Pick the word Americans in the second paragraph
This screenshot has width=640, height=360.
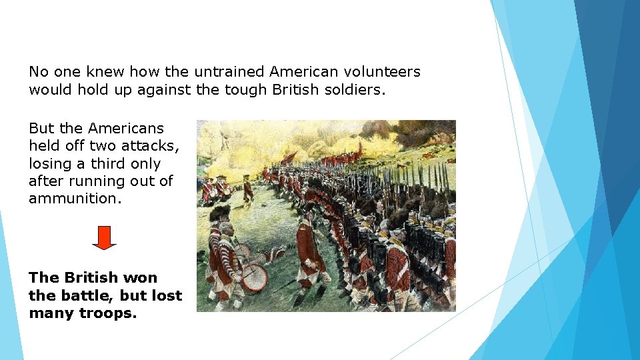coord(126,128)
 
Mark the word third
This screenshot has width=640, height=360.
coord(107,163)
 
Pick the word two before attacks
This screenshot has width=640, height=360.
coord(107,145)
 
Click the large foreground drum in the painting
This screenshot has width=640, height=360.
coord(254,276)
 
